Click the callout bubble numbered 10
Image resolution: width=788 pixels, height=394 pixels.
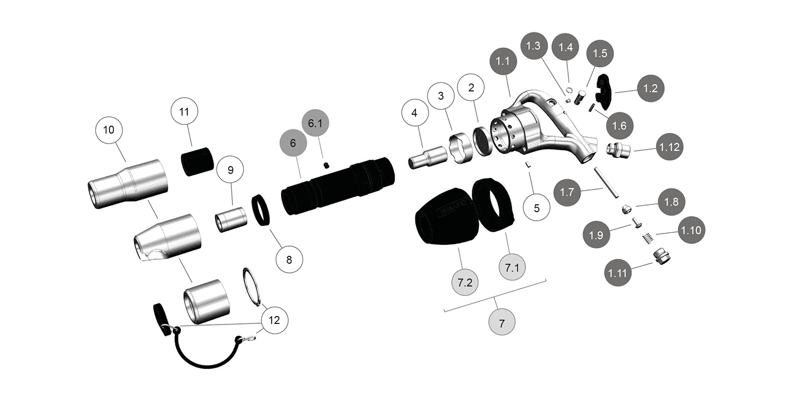click(109, 130)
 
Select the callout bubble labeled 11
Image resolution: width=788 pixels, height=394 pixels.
click(184, 112)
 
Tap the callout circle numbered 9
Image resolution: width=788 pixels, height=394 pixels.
click(230, 170)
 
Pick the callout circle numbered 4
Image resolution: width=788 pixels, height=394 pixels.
click(414, 113)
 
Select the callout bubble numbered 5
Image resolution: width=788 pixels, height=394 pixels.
click(536, 208)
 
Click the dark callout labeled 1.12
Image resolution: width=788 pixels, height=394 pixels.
click(669, 147)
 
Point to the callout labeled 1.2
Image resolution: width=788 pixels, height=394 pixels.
click(650, 88)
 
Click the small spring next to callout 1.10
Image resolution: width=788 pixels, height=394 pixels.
click(647, 238)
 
